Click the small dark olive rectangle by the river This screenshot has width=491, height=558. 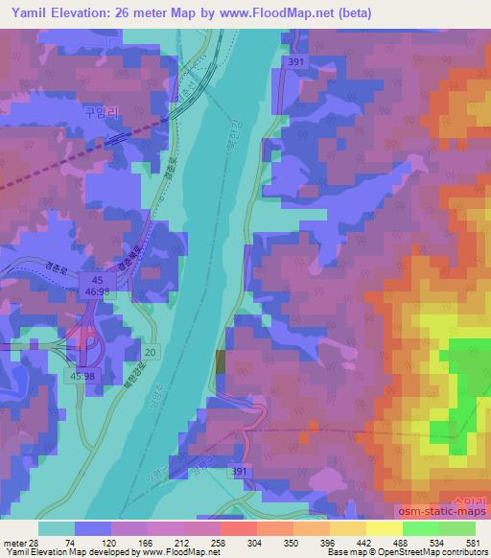coord(222,362)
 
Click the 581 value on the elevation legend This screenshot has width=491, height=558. coord(475,544)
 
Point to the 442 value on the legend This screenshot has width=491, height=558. coord(365,544)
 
